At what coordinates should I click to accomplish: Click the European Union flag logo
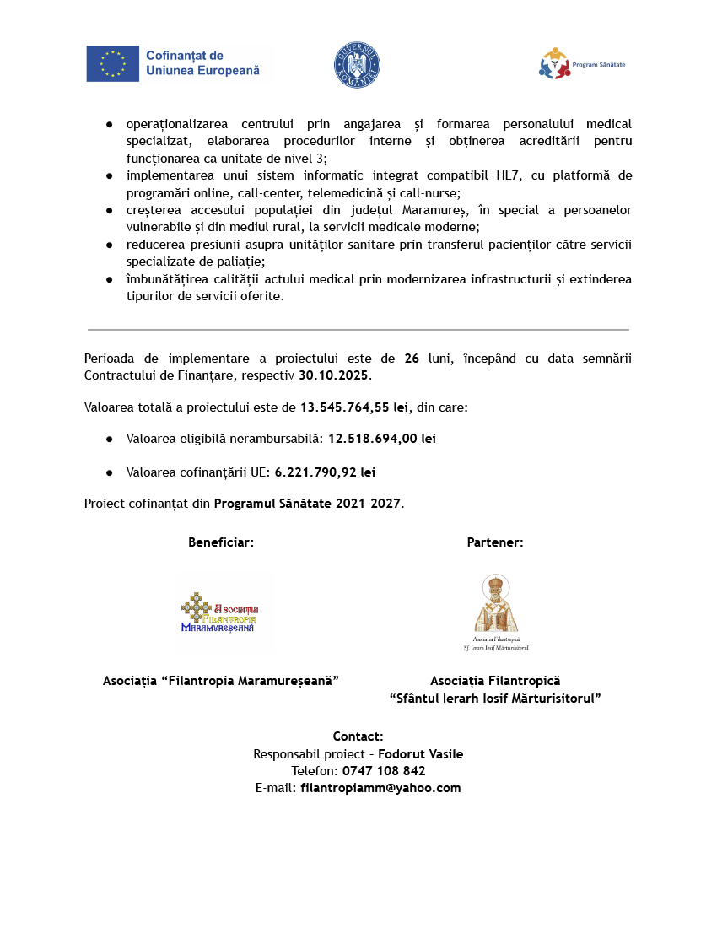(x=112, y=64)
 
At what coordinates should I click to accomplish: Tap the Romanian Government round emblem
(x=358, y=65)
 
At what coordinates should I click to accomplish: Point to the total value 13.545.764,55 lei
(x=354, y=407)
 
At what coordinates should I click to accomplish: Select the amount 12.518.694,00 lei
(x=382, y=439)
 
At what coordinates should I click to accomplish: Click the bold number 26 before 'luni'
(x=412, y=359)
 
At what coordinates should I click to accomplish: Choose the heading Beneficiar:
(x=221, y=542)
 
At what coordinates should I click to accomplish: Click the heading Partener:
(x=495, y=542)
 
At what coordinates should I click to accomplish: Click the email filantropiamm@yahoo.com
(x=380, y=788)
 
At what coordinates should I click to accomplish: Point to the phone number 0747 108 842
(x=383, y=771)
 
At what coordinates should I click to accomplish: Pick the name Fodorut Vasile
(x=420, y=754)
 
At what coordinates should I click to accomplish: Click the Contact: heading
(x=358, y=736)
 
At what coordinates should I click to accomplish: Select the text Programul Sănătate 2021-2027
(x=307, y=504)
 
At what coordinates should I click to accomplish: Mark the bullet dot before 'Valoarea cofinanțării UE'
(x=110, y=472)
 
